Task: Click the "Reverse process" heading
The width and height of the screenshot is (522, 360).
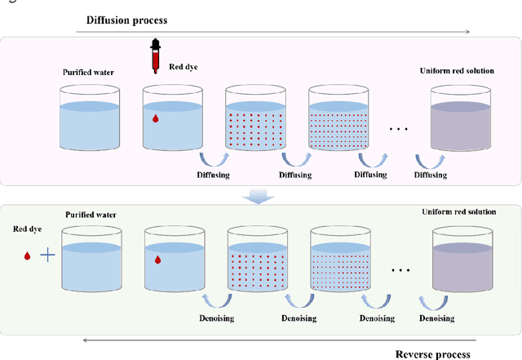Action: coord(432,353)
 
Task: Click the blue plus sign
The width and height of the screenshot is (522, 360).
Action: coord(48,256)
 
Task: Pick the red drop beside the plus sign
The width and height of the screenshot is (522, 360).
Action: coord(27,256)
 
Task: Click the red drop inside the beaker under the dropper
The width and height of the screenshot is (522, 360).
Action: coord(157,119)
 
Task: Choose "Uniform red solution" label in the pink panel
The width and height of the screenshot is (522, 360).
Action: coord(457,70)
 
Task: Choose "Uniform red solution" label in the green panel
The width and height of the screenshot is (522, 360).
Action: coord(458,212)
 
